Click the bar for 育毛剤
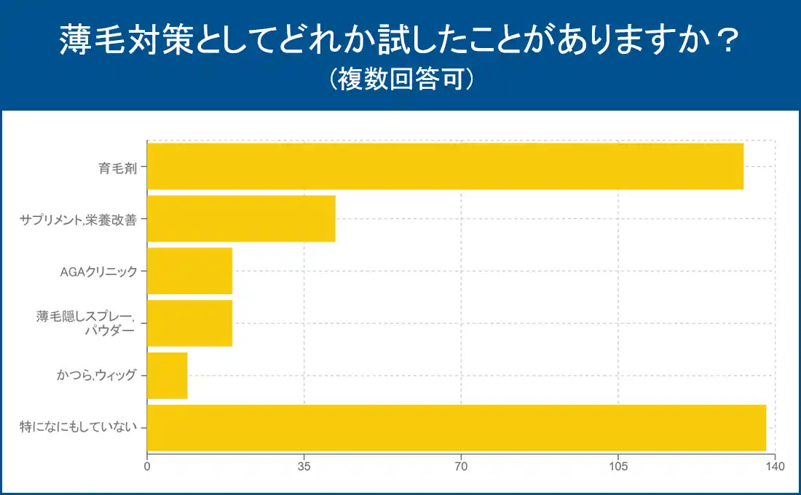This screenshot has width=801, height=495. (445, 167)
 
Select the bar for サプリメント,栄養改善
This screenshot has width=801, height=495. (241, 218)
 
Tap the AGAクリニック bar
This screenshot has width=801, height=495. (189, 271)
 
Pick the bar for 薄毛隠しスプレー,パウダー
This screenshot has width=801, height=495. (189, 323)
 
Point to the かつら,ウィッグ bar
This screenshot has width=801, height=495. (167, 376)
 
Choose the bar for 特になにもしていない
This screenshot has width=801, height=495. (457, 427)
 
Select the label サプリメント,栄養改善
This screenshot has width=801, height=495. (78, 219)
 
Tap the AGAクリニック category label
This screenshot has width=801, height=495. (98, 272)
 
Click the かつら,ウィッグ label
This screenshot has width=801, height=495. (96, 376)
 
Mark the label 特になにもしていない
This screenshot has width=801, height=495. (78, 428)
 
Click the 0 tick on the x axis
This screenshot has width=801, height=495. (147, 466)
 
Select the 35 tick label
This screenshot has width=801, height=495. (304, 466)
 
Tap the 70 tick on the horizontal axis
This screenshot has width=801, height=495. (461, 466)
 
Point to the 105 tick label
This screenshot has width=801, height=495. (618, 466)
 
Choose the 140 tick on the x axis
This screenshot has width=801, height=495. (775, 466)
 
